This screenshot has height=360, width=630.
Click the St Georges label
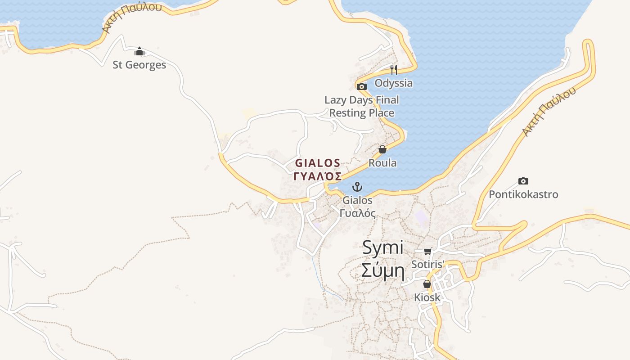coord(139,65)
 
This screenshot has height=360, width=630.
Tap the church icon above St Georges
coord(139,51)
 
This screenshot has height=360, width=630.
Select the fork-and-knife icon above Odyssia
coord(393,69)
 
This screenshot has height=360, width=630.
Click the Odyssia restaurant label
coord(393,83)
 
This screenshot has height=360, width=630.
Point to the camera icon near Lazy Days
coord(361,86)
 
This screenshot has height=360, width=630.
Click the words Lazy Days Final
coord(361,100)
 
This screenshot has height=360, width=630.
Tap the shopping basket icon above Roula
coord(382,149)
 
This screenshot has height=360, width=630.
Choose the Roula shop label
coord(382,163)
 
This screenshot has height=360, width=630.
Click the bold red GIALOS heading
coord(318,163)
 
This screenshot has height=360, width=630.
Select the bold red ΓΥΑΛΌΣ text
coord(318,176)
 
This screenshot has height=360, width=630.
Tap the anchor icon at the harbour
coord(357,186)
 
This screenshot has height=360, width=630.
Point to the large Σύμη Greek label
coord(382,271)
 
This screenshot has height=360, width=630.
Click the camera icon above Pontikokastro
coord(523,181)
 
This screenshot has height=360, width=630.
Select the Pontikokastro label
coord(523,194)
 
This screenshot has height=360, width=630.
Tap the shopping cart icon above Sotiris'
coord(427,251)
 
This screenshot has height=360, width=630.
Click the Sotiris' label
coord(428,264)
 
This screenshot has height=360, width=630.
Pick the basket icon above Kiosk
coord(427,284)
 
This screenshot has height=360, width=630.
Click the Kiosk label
coord(427,297)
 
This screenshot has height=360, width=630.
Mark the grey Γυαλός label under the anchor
coord(357,213)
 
